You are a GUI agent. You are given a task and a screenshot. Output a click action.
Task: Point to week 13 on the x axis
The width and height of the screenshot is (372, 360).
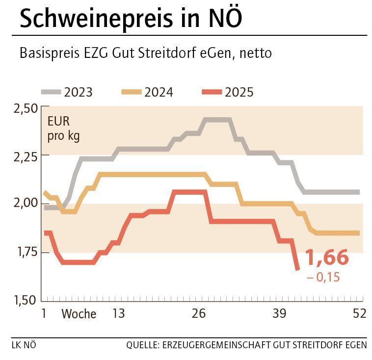[x=118, y=314]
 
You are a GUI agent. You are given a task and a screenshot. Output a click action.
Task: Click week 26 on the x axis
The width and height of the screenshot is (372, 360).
[x=199, y=314]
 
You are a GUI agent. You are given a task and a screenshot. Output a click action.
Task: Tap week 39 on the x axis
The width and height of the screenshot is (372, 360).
[x=279, y=314]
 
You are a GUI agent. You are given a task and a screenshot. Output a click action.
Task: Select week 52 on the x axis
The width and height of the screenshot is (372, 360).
[x=359, y=314]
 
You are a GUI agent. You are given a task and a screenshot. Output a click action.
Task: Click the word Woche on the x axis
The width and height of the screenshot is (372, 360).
[x=79, y=314]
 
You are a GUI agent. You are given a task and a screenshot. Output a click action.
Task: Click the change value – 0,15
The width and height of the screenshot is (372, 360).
[x=323, y=278]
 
